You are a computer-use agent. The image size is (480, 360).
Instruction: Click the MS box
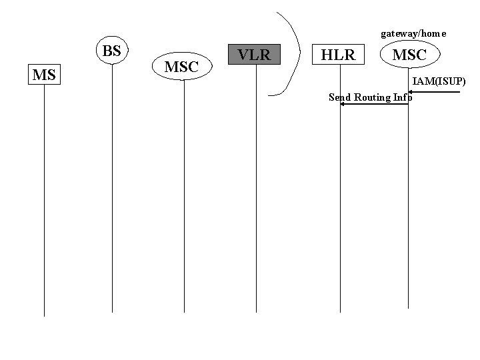point(44,75)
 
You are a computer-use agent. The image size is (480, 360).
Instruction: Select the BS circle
point(112,51)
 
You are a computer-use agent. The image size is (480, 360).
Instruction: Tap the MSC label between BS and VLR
point(181,67)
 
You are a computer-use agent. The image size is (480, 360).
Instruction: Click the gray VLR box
point(255,54)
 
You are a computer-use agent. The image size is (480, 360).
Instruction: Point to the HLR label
point(339,55)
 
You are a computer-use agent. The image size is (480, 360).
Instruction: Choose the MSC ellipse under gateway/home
point(409,55)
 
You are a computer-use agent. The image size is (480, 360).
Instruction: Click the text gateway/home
point(413,33)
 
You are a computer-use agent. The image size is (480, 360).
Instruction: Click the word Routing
point(373,97)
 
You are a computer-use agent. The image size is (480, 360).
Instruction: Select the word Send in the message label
point(340,97)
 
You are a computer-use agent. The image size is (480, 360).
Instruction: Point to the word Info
point(403,97)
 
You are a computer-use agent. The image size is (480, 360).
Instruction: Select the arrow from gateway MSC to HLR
point(374,105)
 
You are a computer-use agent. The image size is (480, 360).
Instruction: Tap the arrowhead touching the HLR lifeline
point(343,105)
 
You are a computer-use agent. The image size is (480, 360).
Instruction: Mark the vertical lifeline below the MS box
point(44,200)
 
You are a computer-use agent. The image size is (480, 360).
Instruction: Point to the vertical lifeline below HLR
point(340,200)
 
